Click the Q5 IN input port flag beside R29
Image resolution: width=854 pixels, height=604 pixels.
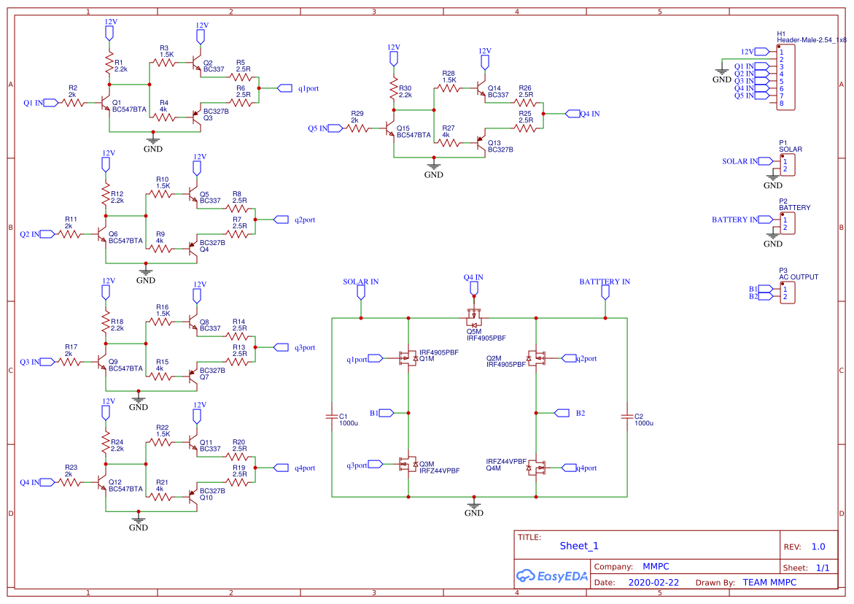(335, 128)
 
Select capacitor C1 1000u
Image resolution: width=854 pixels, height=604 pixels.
(332, 417)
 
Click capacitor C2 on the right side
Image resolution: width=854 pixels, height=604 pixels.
(626, 417)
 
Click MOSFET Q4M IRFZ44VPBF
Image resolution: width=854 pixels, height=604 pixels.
(537, 467)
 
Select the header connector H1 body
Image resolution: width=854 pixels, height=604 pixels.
(785, 77)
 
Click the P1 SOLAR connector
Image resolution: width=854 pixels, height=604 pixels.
(786, 165)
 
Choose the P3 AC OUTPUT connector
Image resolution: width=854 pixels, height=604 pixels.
(786, 293)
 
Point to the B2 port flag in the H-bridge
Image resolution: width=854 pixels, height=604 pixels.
(562, 413)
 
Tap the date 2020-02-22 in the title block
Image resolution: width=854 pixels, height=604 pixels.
(653, 583)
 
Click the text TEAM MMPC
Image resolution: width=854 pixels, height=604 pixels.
(769, 582)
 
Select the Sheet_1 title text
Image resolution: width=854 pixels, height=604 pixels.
(579, 546)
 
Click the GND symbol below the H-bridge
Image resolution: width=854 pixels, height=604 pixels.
(474, 505)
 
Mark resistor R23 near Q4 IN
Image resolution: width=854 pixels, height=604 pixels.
(72, 482)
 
